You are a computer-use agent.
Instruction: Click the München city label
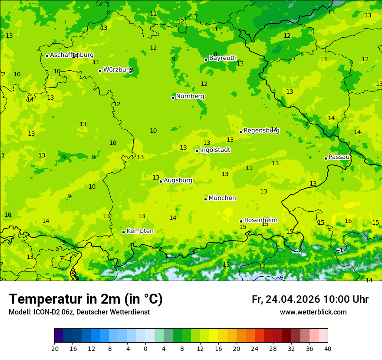point(222,198)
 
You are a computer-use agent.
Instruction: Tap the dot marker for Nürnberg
point(173,98)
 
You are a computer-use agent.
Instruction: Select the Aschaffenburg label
point(72,55)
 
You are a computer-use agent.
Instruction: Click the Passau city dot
point(326,158)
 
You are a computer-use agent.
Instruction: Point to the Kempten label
point(140,231)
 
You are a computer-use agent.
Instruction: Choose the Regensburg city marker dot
point(240,132)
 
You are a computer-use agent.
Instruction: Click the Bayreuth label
point(223,58)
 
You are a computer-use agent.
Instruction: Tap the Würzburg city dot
point(100,71)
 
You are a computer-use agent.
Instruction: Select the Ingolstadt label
point(215,150)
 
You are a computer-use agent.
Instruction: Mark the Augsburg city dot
point(161,181)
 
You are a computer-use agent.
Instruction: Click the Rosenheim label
point(260,220)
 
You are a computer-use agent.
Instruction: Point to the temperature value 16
point(348,221)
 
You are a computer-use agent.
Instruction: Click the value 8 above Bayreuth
point(215,54)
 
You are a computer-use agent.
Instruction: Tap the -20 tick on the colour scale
point(54,348)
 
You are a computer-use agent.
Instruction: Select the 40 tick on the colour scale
point(328,348)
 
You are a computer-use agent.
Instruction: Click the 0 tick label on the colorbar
point(145,348)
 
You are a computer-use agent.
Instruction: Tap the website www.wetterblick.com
point(313,312)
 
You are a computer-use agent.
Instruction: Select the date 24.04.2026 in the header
point(293,299)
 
